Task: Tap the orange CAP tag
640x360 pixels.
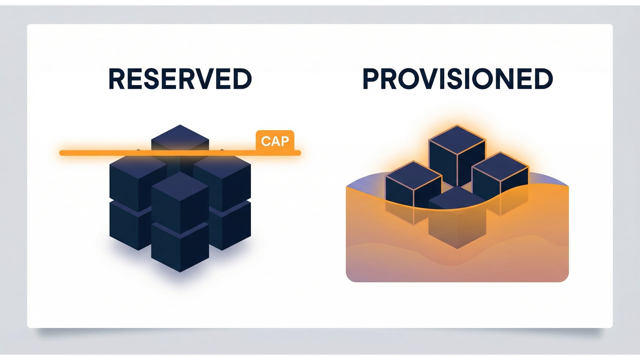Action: (x=275, y=141)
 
